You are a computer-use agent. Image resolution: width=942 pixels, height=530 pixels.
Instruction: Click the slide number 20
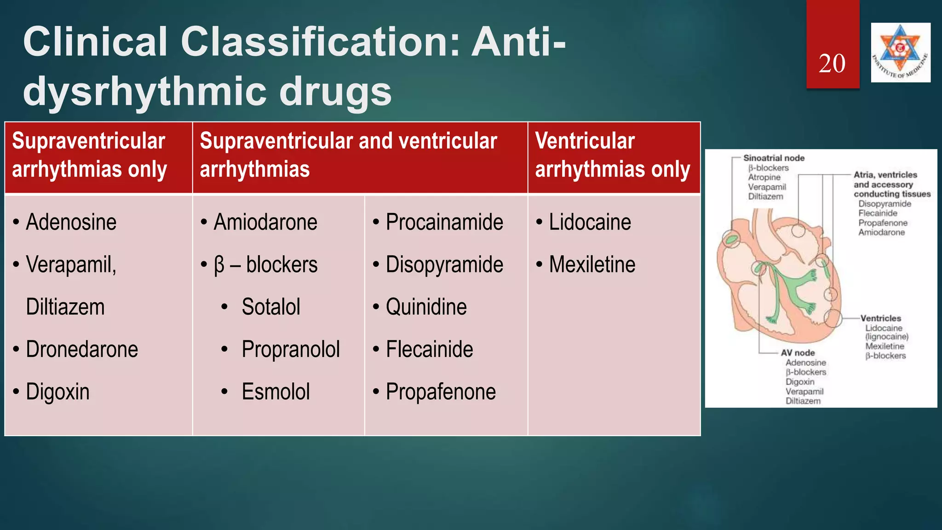(832, 63)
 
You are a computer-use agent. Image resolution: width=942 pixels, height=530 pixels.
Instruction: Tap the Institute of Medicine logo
(901, 52)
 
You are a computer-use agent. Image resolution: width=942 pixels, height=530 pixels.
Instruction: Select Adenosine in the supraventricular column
(71, 222)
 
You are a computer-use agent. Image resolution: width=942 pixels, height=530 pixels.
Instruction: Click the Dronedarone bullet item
(82, 349)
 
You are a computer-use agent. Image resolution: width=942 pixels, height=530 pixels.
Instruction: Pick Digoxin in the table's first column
(57, 392)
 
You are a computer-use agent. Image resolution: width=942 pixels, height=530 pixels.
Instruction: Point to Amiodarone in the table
(265, 222)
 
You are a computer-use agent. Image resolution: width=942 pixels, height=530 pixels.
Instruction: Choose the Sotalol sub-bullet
(271, 307)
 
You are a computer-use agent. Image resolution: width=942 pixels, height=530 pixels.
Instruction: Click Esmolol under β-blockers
(276, 392)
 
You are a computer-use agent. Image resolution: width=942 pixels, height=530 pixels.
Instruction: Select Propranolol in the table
(291, 349)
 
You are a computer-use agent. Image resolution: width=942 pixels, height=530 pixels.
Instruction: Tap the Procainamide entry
(444, 222)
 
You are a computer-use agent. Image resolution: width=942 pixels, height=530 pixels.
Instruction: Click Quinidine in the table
(426, 307)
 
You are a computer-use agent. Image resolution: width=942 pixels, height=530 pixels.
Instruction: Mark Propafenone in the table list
(441, 392)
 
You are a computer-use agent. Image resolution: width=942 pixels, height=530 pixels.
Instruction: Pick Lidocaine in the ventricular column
(590, 222)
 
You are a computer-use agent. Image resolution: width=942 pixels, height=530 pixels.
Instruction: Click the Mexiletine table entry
(592, 265)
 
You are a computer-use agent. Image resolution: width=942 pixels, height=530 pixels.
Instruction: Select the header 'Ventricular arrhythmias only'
(612, 155)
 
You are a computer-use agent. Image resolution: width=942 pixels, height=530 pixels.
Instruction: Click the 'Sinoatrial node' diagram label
(774, 158)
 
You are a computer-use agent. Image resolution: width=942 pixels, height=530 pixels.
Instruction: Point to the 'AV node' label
(798, 353)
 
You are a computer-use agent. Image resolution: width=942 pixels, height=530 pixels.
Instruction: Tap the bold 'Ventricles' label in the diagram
(880, 318)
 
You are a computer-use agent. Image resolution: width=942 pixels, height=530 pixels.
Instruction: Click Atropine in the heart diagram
(764, 177)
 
